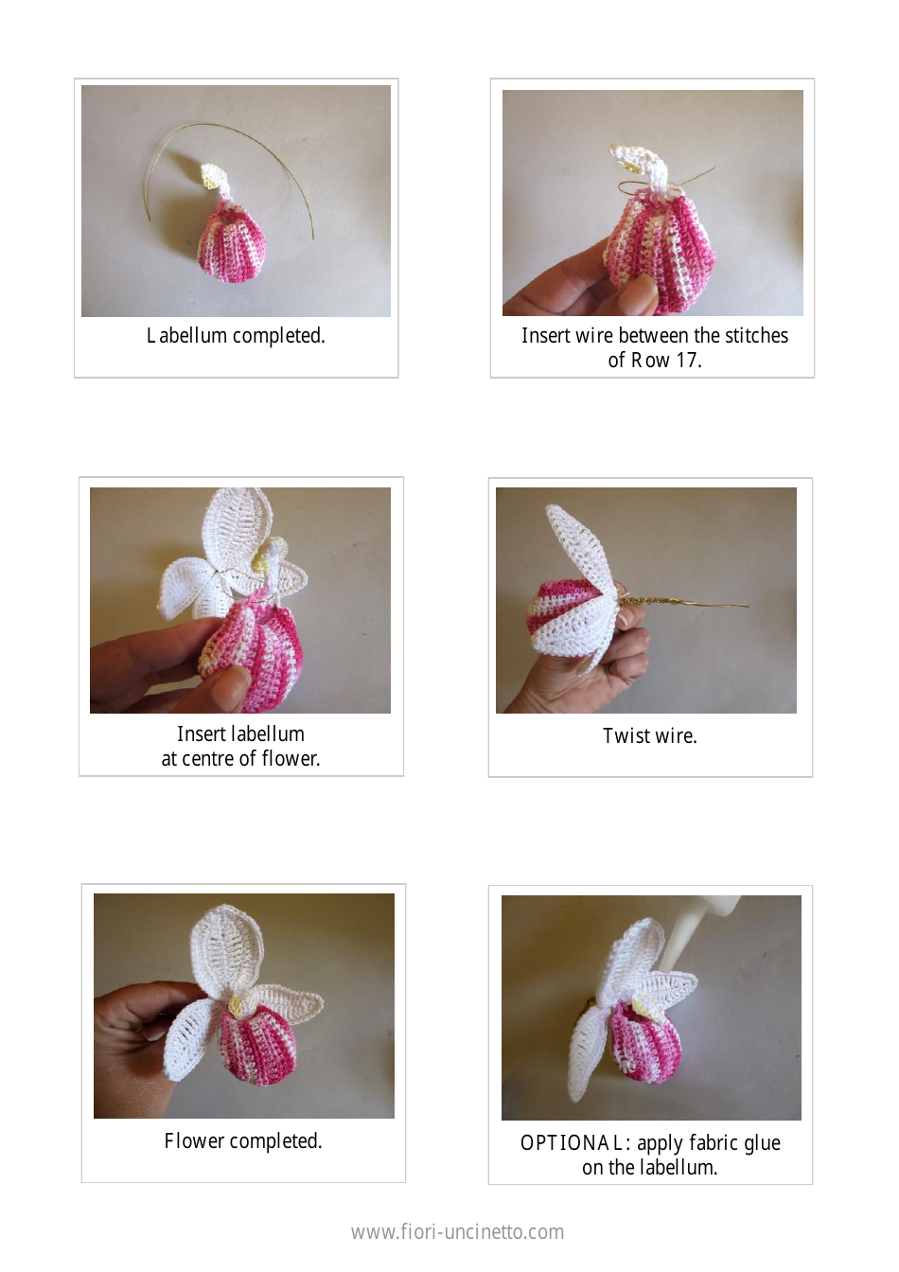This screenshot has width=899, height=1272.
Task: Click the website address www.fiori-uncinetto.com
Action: point(457,1231)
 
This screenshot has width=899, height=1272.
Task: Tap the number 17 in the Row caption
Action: point(686,361)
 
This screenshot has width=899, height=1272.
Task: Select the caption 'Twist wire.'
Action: point(649,736)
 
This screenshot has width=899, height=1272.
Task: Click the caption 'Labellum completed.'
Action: point(236,336)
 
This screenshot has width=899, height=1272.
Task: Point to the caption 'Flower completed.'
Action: point(243,1141)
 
